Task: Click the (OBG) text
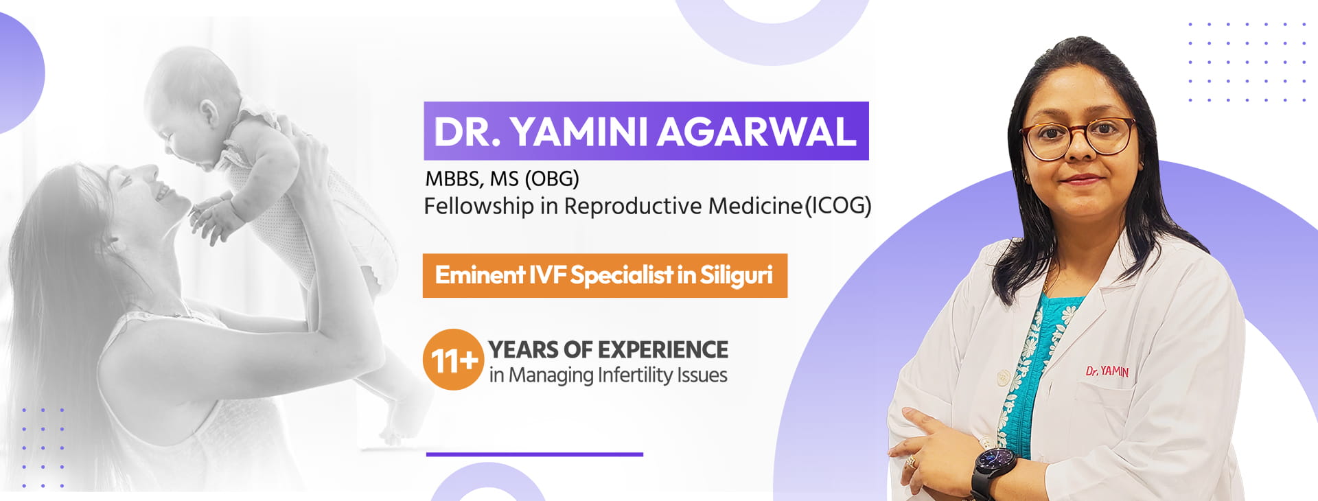pyautogui.click(x=551, y=179)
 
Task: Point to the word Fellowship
pyautogui.click(x=478, y=206)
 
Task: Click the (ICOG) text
pyautogui.click(x=837, y=206)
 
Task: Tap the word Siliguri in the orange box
pyautogui.click(x=736, y=275)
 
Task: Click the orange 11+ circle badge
pyautogui.click(x=453, y=360)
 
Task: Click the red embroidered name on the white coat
pyautogui.click(x=1107, y=371)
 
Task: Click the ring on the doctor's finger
pyautogui.click(x=911, y=461)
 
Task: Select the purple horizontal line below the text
pyautogui.click(x=534, y=454)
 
